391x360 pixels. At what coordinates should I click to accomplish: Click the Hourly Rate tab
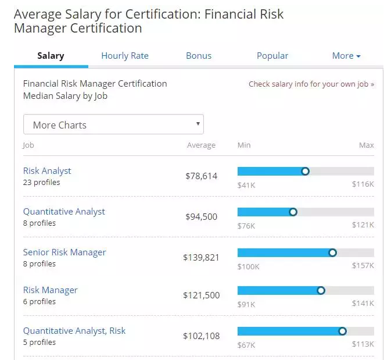[x=125, y=56]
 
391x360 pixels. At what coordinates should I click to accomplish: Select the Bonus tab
[x=199, y=56]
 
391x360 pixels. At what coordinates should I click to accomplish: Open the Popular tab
[x=272, y=56]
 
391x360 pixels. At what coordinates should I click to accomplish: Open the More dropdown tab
[x=346, y=56]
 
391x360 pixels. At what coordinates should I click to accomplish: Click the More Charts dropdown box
[x=113, y=125]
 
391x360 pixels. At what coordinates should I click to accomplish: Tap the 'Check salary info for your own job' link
[x=311, y=84]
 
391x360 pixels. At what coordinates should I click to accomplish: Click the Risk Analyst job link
[x=47, y=171]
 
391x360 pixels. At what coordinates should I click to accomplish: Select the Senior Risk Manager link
[x=64, y=252]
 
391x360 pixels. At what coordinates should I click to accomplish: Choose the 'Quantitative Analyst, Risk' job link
[x=74, y=331]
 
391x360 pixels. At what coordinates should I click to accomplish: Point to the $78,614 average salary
[x=201, y=176]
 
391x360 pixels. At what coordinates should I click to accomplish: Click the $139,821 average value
[x=201, y=257]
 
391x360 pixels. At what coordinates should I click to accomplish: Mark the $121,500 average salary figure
[x=201, y=295]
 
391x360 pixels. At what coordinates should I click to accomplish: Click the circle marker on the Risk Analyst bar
[x=306, y=171]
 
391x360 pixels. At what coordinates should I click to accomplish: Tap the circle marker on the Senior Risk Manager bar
[x=333, y=252]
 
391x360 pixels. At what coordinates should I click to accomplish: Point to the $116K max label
[x=363, y=184]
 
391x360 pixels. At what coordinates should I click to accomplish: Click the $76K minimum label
[x=246, y=225]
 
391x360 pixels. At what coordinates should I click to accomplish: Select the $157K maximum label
[x=363, y=266]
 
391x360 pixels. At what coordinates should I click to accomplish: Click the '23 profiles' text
[x=41, y=183]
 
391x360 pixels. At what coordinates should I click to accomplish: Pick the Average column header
[x=201, y=145]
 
